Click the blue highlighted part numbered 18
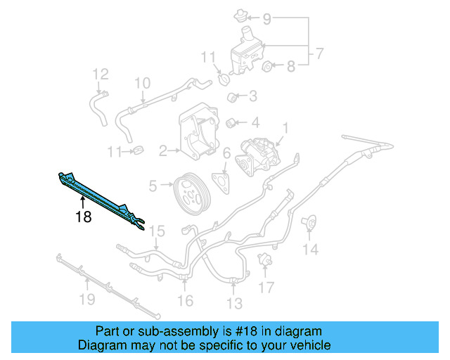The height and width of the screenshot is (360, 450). (x=98, y=193)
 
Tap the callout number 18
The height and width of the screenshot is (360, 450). (x=83, y=217)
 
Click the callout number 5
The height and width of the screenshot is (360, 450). (x=153, y=186)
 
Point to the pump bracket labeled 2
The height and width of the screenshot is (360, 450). (x=199, y=134)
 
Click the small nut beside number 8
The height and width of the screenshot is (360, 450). (x=267, y=67)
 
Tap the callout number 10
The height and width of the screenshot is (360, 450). (x=142, y=83)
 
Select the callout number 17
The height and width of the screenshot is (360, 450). (x=265, y=287)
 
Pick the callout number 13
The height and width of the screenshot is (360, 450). (x=234, y=303)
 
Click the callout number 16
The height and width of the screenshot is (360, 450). (x=185, y=301)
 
